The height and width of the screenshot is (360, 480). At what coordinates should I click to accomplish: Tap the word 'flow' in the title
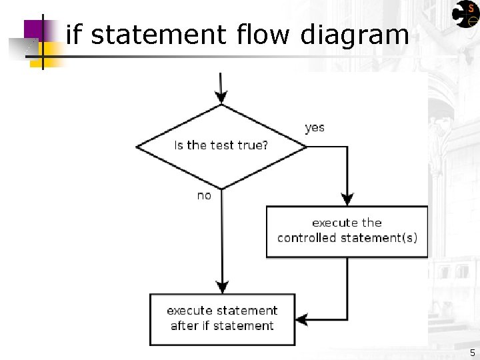264,34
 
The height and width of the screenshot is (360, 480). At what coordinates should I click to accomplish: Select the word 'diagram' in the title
355,34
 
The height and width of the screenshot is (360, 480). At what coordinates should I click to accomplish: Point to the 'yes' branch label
315,127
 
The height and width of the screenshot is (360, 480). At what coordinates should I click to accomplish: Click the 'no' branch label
204,195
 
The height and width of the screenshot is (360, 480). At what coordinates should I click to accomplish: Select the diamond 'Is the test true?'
221,146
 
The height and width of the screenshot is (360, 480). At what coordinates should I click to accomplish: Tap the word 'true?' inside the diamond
252,145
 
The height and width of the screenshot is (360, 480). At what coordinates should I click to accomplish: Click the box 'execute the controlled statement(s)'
347,231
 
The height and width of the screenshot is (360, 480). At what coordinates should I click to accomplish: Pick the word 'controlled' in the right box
308,238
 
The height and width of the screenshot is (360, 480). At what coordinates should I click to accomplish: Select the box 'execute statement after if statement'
222,319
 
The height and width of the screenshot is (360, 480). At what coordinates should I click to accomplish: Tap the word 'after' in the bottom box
185,326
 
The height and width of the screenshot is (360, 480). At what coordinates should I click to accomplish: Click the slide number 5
472,353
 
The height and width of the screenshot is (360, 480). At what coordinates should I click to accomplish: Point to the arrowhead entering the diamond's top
221,99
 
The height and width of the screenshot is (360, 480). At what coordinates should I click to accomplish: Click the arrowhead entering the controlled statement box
347,199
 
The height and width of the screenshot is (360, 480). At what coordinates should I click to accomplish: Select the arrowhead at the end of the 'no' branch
221,287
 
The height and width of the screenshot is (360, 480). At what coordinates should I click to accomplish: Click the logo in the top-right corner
465,14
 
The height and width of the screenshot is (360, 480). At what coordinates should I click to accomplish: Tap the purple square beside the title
35,29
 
